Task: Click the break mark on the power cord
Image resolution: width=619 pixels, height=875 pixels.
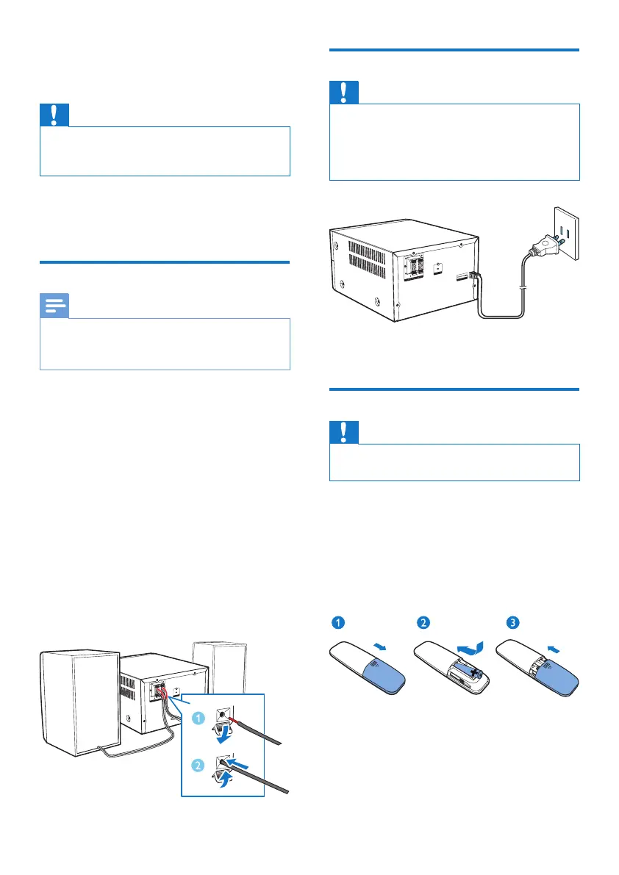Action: click(522, 287)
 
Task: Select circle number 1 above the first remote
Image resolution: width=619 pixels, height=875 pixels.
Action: click(337, 623)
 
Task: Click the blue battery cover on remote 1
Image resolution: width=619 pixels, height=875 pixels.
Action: click(382, 671)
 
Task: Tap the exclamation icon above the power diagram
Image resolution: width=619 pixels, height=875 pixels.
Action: click(345, 93)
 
